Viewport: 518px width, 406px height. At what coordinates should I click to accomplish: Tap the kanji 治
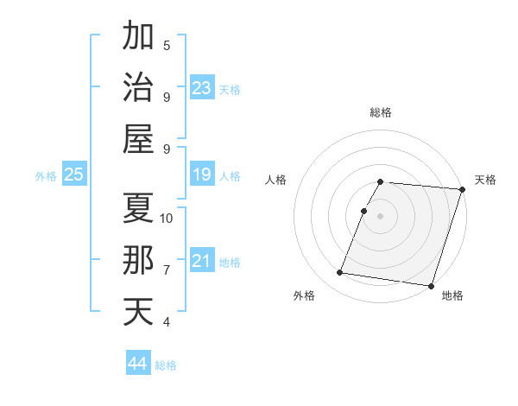click(x=138, y=86)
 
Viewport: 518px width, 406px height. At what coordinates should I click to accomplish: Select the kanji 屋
click(x=138, y=138)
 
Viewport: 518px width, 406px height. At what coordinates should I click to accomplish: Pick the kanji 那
click(x=138, y=260)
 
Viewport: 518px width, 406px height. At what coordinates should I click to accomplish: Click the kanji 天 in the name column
click(x=138, y=311)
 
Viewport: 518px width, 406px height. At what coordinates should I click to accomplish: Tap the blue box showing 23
click(x=202, y=87)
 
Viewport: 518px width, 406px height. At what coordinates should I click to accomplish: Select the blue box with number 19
click(x=202, y=175)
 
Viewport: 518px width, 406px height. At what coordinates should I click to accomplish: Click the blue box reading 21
click(x=202, y=262)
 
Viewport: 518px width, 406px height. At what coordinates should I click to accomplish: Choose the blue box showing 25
click(x=73, y=175)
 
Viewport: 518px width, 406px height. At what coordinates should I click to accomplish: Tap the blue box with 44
click(x=138, y=364)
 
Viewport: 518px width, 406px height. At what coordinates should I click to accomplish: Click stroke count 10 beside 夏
click(x=167, y=218)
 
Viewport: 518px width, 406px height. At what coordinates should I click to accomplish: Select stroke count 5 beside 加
click(x=167, y=46)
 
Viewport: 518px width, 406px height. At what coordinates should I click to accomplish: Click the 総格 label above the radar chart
click(x=381, y=112)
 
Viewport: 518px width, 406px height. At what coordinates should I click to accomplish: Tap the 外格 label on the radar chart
click(x=304, y=296)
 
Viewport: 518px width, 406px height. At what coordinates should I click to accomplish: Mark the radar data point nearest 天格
click(x=463, y=189)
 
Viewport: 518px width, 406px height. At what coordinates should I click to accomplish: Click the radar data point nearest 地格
click(x=431, y=285)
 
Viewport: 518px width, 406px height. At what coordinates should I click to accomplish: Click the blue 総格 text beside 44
click(x=166, y=365)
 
